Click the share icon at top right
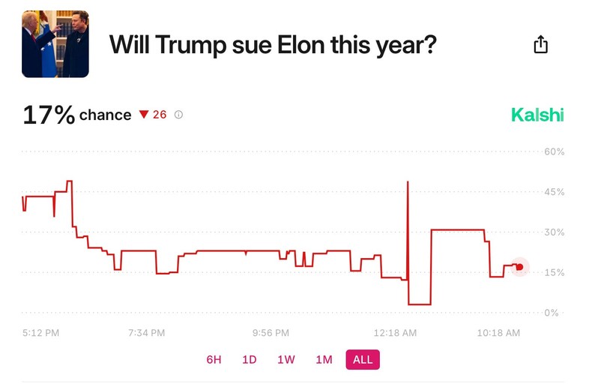tap(540, 44)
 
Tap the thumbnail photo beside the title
tap(55, 44)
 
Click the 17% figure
tap(49, 115)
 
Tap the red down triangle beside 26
tap(145, 115)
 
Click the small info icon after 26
tap(178, 115)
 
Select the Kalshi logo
tap(537, 115)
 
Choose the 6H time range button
tap(214, 360)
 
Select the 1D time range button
tap(250, 360)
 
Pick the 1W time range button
tap(286, 360)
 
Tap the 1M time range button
tap(324, 360)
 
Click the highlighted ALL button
tap(363, 360)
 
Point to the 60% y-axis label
tap(555, 151)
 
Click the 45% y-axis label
tap(555, 192)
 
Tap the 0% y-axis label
tap(552, 313)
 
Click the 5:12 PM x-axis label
tap(41, 332)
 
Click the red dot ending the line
tap(520, 267)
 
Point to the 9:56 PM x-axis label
tap(271, 332)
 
